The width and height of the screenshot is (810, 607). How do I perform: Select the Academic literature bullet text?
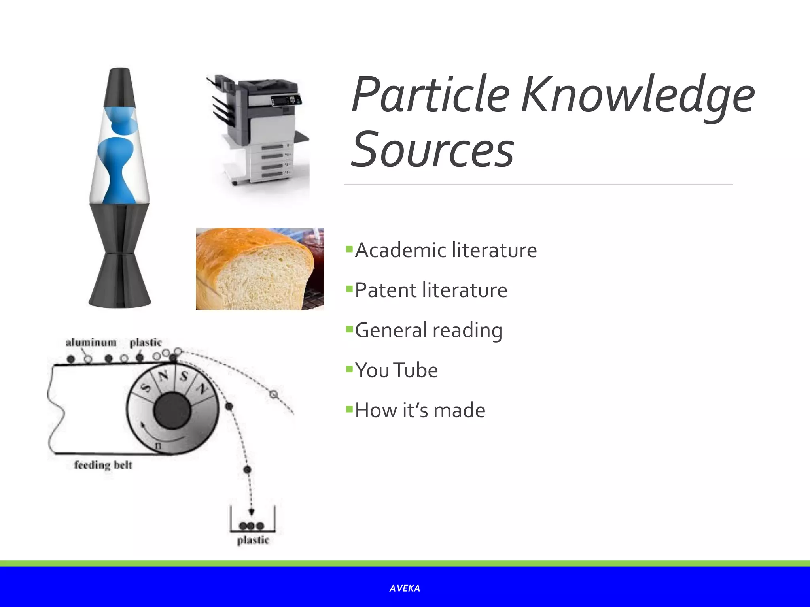pyautogui.click(x=446, y=251)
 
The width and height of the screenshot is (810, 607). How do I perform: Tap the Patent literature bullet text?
pyautogui.click(x=431, y=290)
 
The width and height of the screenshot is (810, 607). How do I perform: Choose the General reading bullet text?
pyautogui.click(x=428, y=330)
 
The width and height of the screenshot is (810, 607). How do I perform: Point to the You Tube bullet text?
pyautogui.click(x=396, y=370)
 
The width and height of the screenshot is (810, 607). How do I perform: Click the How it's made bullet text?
pyautogui.click(x=420, y=410)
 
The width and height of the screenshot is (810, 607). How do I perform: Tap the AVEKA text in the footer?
pyautogui.click(x=405, y=588)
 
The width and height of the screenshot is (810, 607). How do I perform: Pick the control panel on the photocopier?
pyautogui.click(x=286, y=100)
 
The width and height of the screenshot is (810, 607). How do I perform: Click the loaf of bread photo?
pyautogui.click(x=259, y=269)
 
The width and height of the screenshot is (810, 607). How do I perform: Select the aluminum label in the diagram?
pyautogui.click(x=91, y=342)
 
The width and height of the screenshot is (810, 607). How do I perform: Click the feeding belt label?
pyautogui.click(x=103, y=465)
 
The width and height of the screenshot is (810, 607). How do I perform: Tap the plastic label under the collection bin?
pyautogui.click(x=253, y=540)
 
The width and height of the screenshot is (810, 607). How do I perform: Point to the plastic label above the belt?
pyautogui.click(x=146, y=342)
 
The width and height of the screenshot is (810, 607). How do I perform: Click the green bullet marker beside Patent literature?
pyautogui.click(x=349, y=289)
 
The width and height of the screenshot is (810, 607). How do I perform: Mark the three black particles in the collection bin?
pyautogui.click(x=251, y=526)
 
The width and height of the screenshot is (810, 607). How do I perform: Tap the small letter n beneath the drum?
pyautogui.click(x=158, y=446)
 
